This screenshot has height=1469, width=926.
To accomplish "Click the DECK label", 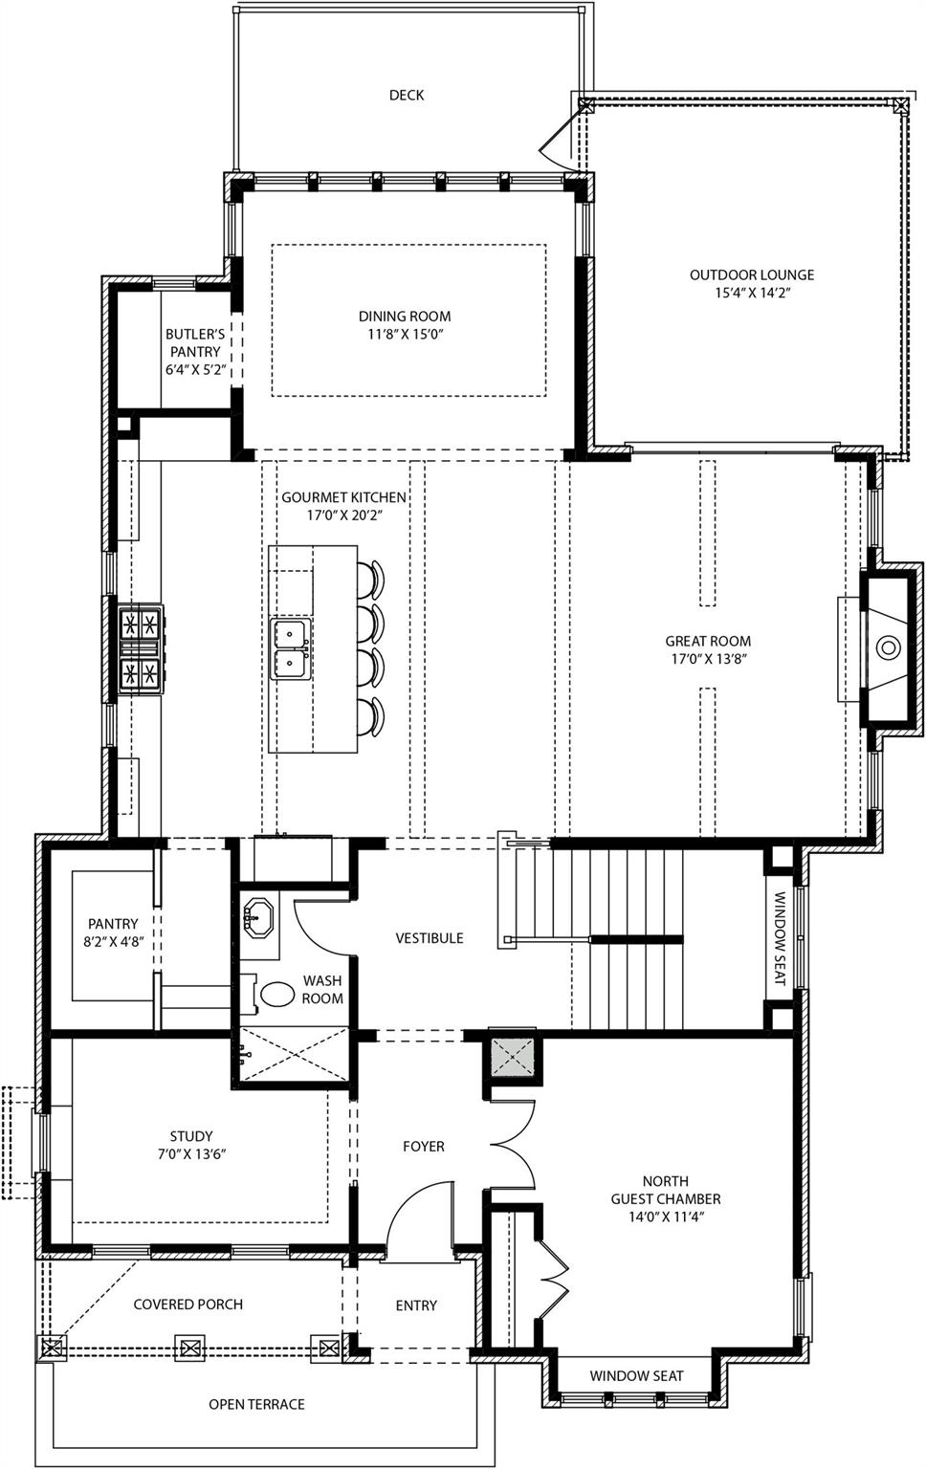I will point(406,95).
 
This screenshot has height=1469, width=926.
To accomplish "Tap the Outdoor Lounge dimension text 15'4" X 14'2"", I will point(752,294).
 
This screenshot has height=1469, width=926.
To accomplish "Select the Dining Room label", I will point(405,316).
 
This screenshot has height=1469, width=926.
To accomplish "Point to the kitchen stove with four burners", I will point(140,650).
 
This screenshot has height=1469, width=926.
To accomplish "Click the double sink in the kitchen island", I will point(290,648).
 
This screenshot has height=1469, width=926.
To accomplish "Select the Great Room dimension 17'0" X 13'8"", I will point(708,659).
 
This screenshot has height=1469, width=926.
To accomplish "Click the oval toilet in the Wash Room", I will point(277,994).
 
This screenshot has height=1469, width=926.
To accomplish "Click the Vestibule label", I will point(430,938).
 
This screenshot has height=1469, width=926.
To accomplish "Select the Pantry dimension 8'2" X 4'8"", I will point(113,942).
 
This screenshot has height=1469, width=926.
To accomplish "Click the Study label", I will point(191,1136).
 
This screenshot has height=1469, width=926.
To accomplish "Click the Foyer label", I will point(423,1146).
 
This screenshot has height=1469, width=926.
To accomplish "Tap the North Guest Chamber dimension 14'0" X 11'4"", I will point(666,1217).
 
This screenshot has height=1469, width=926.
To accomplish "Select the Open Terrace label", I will point(256,1404).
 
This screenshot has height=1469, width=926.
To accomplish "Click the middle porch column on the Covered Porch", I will point(189,1348).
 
